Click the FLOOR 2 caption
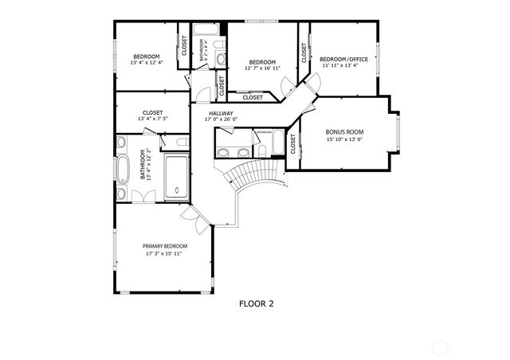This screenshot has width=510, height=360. (x=257, y=303)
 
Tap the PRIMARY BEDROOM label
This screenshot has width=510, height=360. (x=165, y=246)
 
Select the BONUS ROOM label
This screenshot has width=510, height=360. (x=344, y=131)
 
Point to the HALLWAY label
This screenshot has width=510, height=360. (x=221, y=113)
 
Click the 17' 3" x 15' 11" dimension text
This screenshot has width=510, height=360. (x=165, y=255)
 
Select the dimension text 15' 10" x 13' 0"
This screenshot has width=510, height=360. (x=344, y=139)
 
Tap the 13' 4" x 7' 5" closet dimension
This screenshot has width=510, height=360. (x=152, y=120)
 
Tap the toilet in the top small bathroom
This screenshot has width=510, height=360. (x=221, y=58)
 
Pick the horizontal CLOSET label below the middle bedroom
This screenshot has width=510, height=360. (x=252, y=98)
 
